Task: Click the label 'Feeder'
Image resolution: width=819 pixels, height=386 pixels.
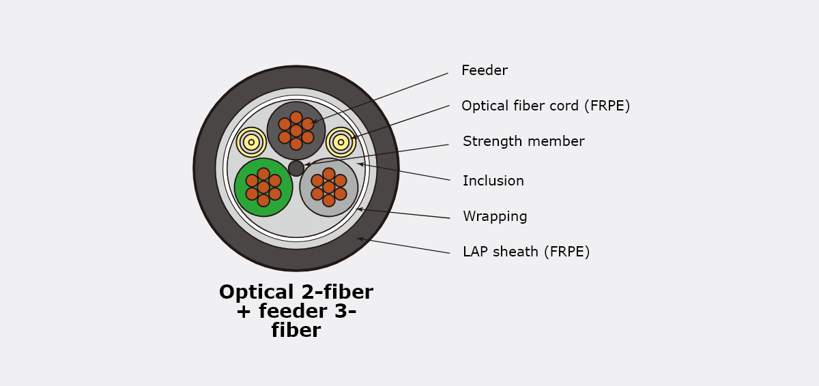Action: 485,70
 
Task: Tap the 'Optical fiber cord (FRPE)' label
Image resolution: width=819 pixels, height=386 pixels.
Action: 546,106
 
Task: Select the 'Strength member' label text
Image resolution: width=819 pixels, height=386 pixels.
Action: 523,141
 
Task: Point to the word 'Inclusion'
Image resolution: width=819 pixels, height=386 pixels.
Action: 493,181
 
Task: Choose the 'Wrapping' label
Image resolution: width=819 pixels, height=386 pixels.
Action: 495,216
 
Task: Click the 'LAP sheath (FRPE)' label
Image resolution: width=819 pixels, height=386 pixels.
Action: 526,252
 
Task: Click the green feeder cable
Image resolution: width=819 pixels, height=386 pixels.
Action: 263,188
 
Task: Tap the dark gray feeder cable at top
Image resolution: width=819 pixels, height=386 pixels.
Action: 296,131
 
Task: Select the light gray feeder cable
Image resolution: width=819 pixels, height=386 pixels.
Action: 329,188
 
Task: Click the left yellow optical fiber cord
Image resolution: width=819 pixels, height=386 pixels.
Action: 251,142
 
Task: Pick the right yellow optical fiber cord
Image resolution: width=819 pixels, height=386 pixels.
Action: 341,142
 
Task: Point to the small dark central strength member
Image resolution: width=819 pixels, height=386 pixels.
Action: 296,168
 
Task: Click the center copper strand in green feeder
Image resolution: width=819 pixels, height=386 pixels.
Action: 263,188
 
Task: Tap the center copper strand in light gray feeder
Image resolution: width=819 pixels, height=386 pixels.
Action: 329,188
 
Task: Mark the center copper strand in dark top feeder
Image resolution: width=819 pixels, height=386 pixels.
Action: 296,131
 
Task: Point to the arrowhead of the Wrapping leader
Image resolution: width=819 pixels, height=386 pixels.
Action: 359,209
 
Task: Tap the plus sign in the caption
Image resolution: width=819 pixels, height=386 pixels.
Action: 244,312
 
